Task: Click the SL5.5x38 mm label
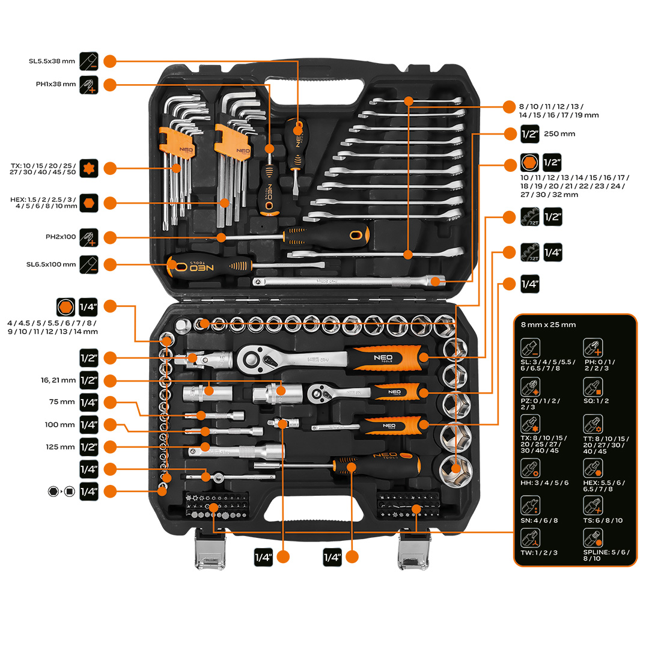52,61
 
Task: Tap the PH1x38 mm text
56,84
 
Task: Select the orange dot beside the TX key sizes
109,168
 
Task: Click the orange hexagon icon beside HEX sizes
88,203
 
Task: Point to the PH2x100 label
61,237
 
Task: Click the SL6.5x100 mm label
52,264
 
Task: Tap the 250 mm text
559,134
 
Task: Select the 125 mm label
60,447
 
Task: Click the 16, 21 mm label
58,380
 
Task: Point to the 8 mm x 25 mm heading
548,325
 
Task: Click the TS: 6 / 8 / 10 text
603,520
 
